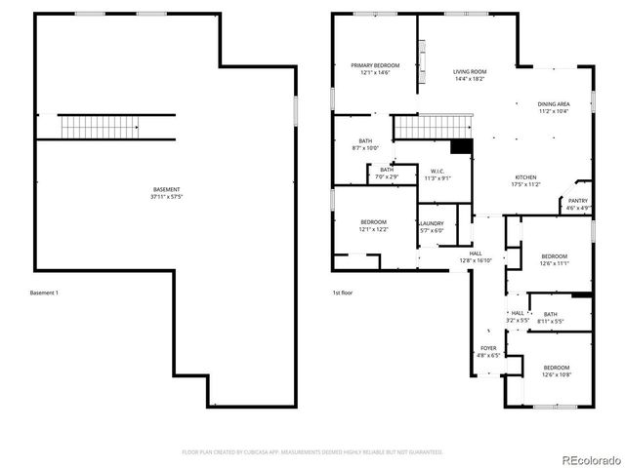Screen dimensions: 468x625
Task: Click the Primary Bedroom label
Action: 375,65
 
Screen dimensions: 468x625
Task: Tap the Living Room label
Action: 470,72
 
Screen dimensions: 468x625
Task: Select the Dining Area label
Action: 554,103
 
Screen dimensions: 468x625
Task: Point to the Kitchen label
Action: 526,177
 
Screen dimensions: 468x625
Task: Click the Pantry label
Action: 578,201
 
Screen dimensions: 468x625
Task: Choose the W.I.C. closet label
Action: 437,171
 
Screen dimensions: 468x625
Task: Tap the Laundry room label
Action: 432,224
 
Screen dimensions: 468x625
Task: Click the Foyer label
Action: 487,348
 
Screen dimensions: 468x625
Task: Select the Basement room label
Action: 166,189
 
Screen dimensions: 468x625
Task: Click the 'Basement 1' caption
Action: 45,292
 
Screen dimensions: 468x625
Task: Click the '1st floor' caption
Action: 342,292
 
